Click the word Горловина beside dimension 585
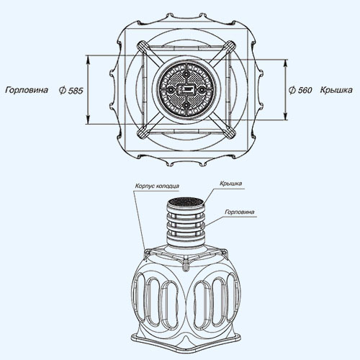point(27,90)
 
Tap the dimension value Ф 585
point(71,91)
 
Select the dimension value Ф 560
point(300,90)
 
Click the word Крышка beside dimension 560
point(336,90)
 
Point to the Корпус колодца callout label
point(157,186)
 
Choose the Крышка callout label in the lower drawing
point(231,184)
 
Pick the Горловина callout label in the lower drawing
point(240,212)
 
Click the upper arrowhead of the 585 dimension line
point(88,60)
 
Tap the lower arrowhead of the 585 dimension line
point(88,120)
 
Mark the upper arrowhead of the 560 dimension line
point(285,64)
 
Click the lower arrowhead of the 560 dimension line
point(285,115)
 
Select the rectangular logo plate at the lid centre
point(186,89)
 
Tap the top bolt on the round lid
point(186,74)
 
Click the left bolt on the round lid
point(171,89)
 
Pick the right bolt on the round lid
point(202,89)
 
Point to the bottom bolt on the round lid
point(186,105)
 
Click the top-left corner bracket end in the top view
point(142,45)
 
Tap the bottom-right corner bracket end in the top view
point(230,132)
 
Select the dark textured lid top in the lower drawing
point(186,202)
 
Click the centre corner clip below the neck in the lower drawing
point(186,265)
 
